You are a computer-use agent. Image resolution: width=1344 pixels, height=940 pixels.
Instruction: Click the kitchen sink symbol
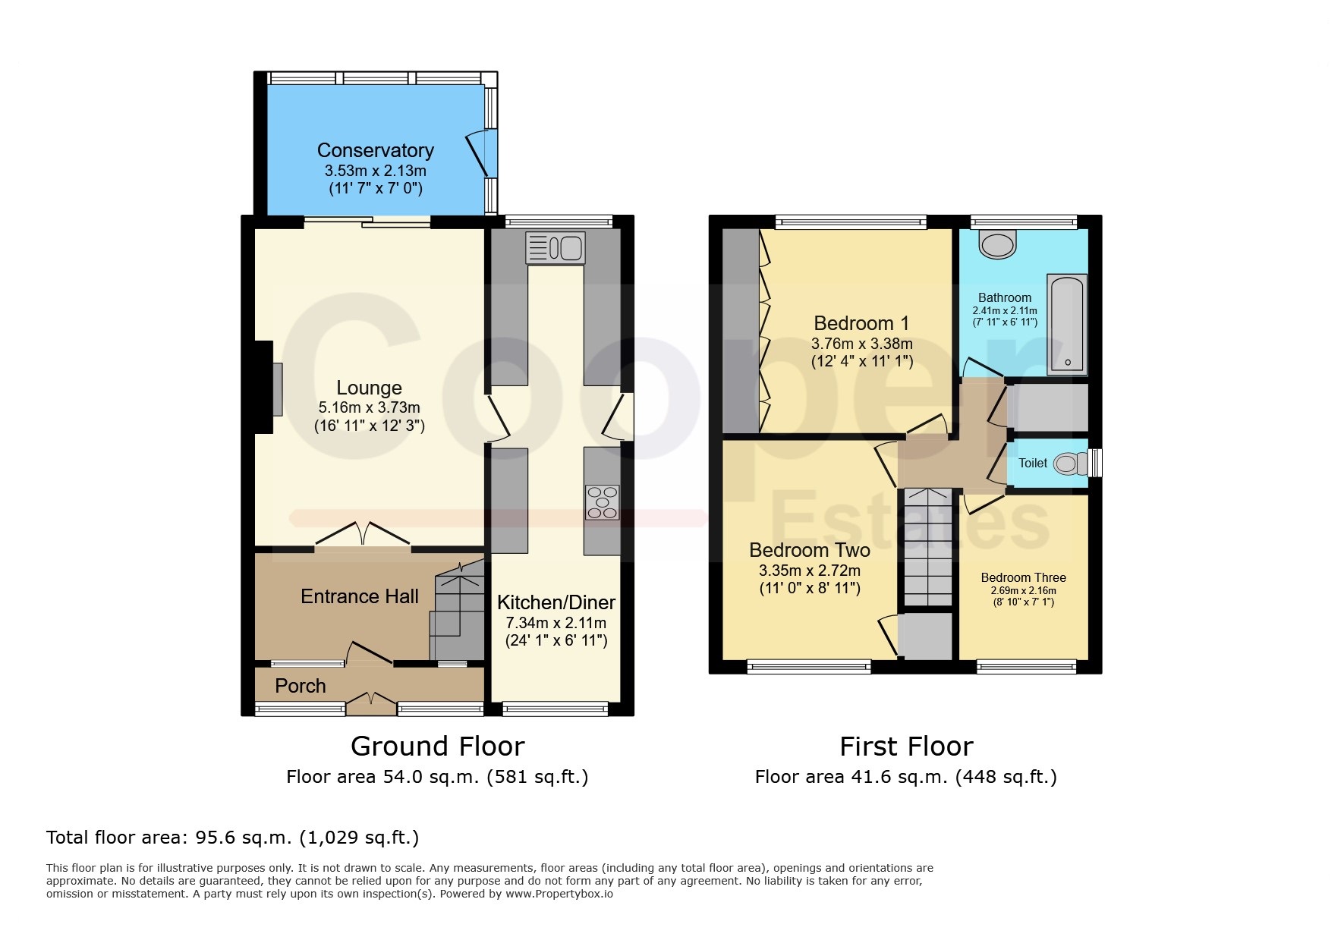(x=556, y=247)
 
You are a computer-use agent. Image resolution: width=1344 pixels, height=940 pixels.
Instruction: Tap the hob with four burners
(x=603, y=502)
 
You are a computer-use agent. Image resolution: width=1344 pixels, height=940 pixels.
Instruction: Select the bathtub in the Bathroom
(x=1067, y=325)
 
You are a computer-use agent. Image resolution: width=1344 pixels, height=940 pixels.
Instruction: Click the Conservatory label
(x=376, y=150)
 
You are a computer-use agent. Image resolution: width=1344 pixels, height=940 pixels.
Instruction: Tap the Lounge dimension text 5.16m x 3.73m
(x=370, y=408)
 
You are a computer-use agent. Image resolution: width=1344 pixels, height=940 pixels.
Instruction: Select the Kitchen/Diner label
(x=556, y=602)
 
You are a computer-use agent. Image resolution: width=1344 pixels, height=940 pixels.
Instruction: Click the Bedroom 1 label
(x=861, y=323)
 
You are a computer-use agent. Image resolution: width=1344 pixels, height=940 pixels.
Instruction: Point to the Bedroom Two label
(x=810, y=550)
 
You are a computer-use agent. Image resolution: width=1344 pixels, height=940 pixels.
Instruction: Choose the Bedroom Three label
(x=1023, y=578)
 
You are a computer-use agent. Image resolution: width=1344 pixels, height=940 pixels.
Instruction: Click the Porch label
(x=301, y=686)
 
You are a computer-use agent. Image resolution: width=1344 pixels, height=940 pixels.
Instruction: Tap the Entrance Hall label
(x=360, y=596)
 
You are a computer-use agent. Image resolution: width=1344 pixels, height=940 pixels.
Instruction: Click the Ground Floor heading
(x=438, y=747)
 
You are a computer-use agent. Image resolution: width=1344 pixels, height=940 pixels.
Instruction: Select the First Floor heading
(x=906, y=747)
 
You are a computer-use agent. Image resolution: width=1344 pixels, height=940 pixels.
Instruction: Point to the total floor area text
(x=232, y=838)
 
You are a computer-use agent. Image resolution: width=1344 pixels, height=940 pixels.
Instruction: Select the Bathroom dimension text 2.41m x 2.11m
(x=1005, y=310)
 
